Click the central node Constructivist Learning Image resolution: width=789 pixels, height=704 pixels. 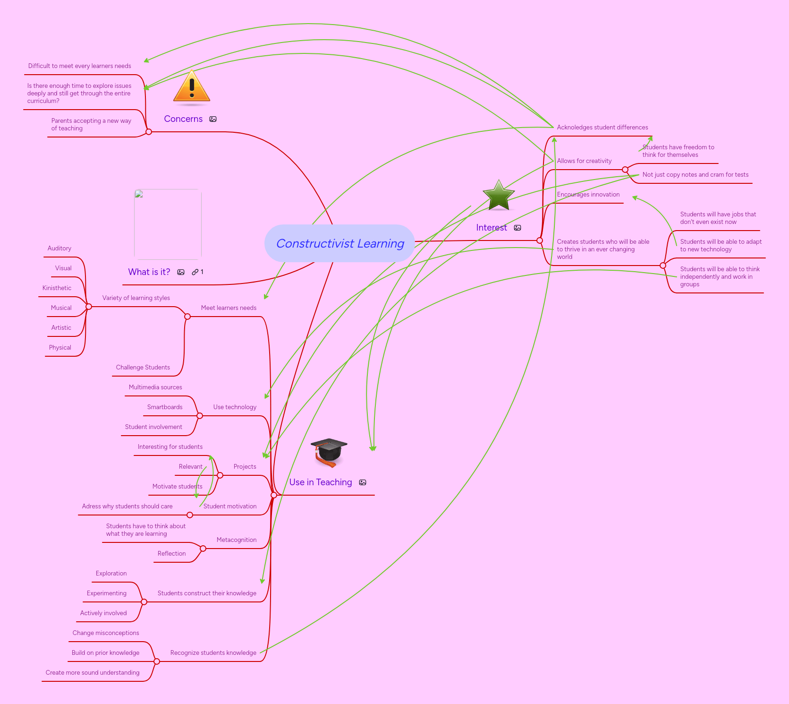(x=339, y=243)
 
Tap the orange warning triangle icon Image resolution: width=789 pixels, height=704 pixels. (x=191, y=87)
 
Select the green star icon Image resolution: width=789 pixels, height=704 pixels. (x=499, y=196)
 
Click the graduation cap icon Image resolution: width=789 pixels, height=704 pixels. (x=329, y=452)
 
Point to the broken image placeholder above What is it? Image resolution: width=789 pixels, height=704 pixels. (x=168, y=224)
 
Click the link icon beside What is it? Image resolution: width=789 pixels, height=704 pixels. (x=195, y=272)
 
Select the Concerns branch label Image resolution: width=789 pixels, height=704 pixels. (x=183, y=119)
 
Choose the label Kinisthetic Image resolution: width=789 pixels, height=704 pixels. (x=57, y=288)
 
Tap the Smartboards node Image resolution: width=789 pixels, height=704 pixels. (x=164, y=407)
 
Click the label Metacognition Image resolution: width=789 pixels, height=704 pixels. (x=237, y=540)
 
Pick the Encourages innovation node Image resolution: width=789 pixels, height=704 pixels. (x=588, y=195)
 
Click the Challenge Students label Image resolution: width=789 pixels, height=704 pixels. (x=143, y=368)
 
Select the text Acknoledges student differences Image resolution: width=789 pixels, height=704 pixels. (x=602, y=128)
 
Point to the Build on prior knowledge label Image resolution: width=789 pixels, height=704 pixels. (x=105, y=653)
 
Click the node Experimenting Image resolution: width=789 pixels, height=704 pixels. (x=106, y=593)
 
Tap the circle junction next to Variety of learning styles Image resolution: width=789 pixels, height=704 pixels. (x=89, y=307)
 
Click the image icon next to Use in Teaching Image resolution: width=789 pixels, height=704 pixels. (x=363, y=482)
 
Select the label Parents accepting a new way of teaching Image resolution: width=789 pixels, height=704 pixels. (x=91, y=125)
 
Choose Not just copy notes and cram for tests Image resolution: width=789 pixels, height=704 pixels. (x=695, y=175)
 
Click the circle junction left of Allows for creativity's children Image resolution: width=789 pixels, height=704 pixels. (x=625, y=170)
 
